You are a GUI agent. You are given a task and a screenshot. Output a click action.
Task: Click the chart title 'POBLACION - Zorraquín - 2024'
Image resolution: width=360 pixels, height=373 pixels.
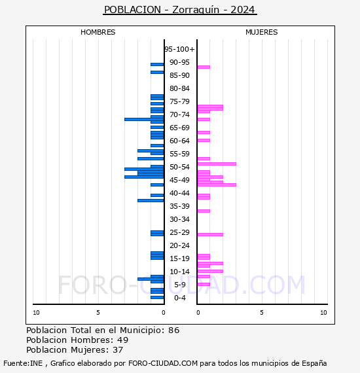point(179,10)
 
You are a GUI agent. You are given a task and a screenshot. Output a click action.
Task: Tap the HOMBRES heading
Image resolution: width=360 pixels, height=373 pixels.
point(98,32)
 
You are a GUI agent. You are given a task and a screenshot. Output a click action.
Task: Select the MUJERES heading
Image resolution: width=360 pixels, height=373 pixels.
point(262,32)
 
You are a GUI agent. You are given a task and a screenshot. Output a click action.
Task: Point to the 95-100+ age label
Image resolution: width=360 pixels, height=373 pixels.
point(179,49)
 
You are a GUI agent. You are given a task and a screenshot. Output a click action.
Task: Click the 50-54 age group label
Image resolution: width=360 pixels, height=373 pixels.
point(179,167)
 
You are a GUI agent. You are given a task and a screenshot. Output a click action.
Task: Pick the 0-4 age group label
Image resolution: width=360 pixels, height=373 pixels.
point(179,298)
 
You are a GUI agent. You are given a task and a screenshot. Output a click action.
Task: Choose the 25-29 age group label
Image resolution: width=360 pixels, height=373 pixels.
point(179,232)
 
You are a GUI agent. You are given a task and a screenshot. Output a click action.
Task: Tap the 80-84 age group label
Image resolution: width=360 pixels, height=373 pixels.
point(179,88)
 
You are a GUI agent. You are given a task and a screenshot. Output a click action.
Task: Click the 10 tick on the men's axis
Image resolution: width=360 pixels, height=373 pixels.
point(36,313)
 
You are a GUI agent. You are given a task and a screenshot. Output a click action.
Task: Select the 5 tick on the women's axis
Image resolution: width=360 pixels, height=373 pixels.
point(262,313)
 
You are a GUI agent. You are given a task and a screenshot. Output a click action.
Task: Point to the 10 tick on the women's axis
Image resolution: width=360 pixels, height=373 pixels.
point(323,313)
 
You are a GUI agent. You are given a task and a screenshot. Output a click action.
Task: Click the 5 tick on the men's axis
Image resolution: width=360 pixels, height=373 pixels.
point(98,313)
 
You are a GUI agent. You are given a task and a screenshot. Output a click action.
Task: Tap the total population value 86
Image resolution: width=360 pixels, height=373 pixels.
point(174,330)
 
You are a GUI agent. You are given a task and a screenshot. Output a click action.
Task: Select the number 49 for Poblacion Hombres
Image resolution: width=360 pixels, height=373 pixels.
point(123,340)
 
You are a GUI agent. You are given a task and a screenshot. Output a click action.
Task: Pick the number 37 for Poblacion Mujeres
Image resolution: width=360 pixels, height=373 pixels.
point(118,350)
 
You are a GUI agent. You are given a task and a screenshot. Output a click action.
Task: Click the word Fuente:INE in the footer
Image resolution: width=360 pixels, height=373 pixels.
point(23,363)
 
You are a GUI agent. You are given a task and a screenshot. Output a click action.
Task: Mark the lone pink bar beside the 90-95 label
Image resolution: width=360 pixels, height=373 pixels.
point(204,67)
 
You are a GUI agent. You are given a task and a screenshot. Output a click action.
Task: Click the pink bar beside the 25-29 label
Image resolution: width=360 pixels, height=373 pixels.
point(210,234)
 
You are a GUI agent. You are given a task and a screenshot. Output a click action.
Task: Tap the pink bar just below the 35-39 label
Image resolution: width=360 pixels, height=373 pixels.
point(204,211)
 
